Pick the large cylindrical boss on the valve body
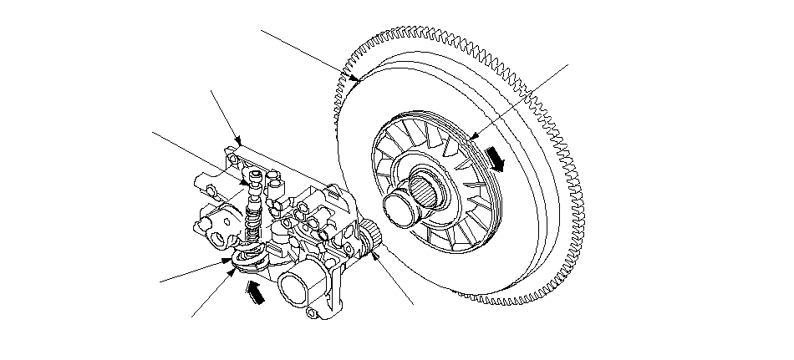point(299,288)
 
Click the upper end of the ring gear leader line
point(262,30)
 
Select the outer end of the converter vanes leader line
point(569,63)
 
